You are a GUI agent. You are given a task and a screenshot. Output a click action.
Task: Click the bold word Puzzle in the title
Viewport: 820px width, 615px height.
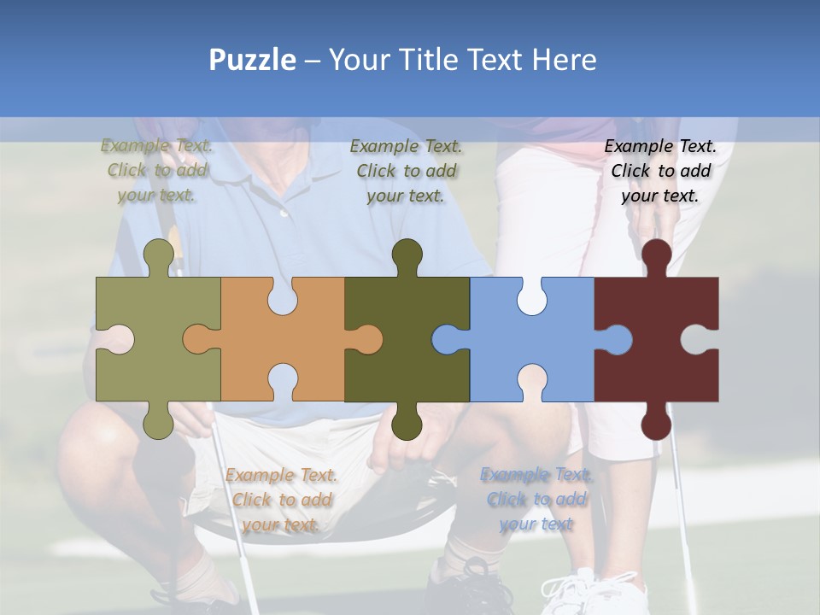[x=252, y=60]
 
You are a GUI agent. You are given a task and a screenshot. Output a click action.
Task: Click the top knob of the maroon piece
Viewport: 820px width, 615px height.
[x=656, y=256]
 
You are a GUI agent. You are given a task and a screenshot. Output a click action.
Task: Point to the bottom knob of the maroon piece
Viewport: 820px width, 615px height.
[x=656, y=423]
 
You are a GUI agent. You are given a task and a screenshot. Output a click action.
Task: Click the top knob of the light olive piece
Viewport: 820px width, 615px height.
[x=158, y=256]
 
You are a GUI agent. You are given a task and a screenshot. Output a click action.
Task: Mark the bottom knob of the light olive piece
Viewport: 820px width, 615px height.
[x=158, y=423]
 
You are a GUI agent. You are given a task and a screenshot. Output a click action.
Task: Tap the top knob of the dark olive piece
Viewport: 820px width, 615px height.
[x=407, y=256]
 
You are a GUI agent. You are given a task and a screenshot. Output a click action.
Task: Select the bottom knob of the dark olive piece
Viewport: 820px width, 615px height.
[x=407, y=423]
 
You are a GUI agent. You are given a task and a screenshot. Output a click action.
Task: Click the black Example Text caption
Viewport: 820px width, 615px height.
[x=660, y=171]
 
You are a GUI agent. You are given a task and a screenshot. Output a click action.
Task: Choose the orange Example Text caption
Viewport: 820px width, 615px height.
[x=281, y=500]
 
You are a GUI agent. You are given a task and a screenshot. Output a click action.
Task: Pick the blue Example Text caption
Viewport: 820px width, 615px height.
[x=536, y=499]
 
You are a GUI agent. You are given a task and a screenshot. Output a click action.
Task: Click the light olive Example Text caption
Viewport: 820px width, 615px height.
[x=156, y=170]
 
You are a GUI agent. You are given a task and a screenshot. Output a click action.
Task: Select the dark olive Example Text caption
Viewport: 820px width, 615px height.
[x=406, y=171]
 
